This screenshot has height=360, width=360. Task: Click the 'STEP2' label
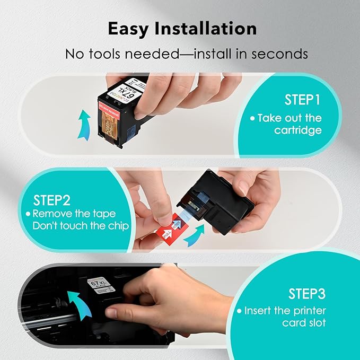[x=52, y=200]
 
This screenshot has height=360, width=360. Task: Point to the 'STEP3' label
[x=306, y=294]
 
